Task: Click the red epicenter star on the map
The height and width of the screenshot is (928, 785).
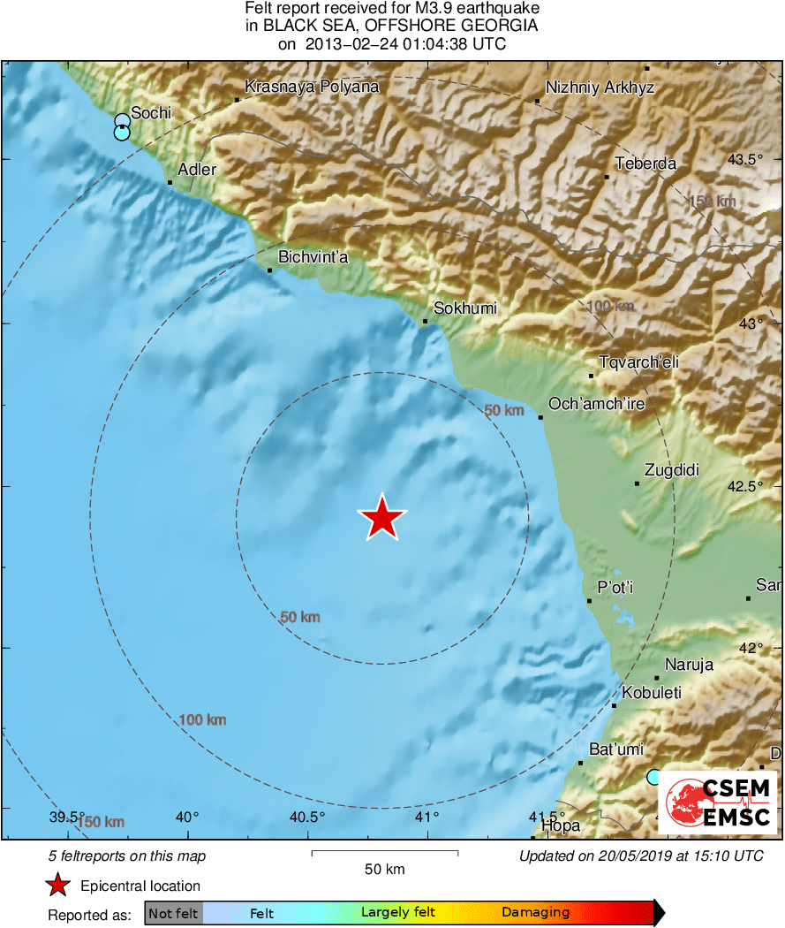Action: coord(381,518)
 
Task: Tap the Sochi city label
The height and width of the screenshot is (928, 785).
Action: coord(150,114)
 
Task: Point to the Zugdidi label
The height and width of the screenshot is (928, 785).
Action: coord(671,470)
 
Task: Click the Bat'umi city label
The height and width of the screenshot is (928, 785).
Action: coord(616,749)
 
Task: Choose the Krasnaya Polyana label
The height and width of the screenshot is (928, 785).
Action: coord(312,87)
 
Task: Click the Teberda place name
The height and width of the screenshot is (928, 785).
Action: coord(645,164)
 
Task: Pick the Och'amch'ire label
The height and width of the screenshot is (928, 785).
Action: coord(597,404)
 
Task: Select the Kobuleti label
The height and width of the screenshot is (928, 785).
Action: coord(652,693)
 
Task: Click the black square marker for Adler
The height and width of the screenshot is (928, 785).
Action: coord(170,183)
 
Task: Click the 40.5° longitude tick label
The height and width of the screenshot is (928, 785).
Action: coord(307,817)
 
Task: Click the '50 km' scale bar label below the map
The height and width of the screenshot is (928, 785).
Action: coord(385,870)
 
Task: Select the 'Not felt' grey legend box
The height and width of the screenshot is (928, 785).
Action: coord(173,913)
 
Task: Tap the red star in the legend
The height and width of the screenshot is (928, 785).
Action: coord(58,885)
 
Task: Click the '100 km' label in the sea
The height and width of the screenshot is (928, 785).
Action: coord(202,720)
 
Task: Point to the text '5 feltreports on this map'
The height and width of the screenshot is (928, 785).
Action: coord(126,856)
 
